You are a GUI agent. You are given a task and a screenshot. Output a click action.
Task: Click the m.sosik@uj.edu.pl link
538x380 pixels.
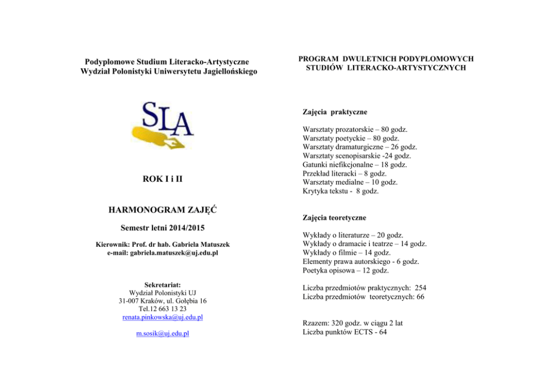tap(163, 333)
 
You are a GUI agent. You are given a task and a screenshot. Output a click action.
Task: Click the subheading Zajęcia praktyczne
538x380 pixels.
tap(335, 112)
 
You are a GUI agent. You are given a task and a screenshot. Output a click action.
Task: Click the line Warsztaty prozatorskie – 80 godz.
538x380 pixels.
tap(355, 130)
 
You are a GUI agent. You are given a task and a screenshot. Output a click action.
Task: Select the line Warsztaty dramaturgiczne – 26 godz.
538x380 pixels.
tap(360, 147)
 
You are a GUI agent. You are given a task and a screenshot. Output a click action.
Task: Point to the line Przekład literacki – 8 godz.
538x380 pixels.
tap(345, 173)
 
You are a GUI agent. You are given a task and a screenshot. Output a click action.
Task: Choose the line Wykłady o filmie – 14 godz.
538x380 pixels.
tap(348, 253)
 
